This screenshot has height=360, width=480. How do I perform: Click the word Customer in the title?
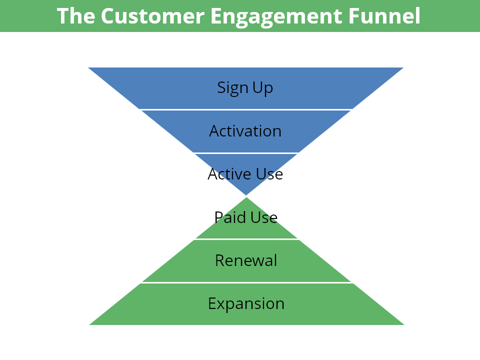pos(152,16)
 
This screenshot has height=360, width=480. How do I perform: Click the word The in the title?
pos(75,16)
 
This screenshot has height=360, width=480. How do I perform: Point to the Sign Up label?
pos(245,88)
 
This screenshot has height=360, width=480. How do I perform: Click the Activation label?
pos(245,131)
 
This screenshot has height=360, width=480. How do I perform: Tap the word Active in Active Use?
pos(229,174)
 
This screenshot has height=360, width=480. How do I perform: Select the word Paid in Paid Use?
pos(230,217)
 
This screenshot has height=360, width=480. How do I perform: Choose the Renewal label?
pos(246,260)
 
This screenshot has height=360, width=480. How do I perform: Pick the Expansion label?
pos(246,304)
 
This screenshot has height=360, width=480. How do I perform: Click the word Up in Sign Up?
pos(262,88)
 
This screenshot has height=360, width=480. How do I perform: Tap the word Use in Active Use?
pos(269,174)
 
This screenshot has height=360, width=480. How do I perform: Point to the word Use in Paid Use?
pos(264,217)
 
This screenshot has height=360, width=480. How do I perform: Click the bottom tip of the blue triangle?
pos(246,195)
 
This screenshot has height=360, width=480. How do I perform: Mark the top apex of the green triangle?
pos(246,197)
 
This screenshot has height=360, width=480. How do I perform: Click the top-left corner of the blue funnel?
pos(88,67)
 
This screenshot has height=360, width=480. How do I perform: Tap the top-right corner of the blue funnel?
pos(403,67)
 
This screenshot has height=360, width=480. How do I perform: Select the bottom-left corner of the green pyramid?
pos(89,325)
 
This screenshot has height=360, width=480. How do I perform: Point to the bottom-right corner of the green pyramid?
pos(404,325)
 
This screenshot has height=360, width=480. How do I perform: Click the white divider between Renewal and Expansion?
pos(246,282)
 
